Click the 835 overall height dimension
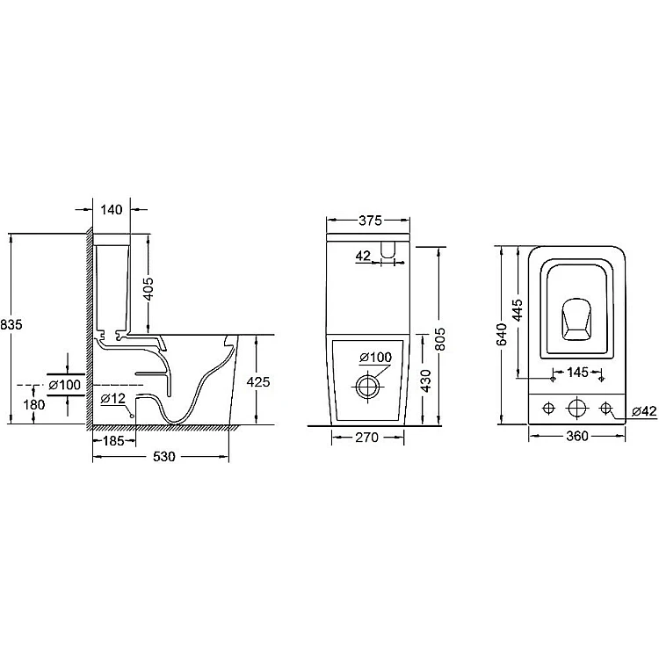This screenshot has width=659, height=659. click(11, 324)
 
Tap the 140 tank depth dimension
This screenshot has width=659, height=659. click(112, 210)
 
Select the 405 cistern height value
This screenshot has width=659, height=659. click(148, 289)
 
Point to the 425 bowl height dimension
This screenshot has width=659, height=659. click(258, 381)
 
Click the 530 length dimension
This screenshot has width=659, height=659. click(164, 456)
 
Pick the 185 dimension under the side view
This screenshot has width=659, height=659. click(114, 440)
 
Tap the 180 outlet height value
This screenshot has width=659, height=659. click(34, 405)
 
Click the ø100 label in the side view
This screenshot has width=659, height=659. click(64, 385)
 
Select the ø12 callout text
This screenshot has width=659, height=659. click(113, 398)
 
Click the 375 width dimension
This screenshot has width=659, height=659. click(370, 221)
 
